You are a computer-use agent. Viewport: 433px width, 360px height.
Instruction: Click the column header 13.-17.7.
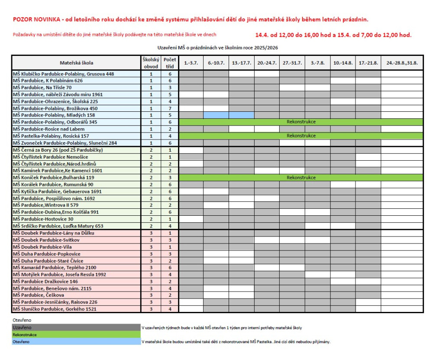click(241, 63)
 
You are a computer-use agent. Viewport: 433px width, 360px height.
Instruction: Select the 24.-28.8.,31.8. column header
click(402, 63)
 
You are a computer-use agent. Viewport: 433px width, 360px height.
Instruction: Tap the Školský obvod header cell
click(151, 63)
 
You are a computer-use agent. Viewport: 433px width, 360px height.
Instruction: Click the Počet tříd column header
click(169, 63)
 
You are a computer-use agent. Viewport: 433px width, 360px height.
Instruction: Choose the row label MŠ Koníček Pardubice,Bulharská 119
click(54, 178)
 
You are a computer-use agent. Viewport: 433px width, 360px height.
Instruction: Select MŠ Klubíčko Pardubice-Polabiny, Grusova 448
click(63, 74)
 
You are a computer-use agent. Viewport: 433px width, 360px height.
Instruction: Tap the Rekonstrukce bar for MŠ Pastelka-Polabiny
click(301, 136)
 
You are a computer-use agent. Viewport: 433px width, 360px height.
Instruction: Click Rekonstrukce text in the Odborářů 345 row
click(301, 122)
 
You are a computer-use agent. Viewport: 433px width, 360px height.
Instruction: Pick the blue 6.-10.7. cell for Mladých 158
click(216, 115)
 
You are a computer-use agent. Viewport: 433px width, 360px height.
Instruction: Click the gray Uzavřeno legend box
click(76, 328)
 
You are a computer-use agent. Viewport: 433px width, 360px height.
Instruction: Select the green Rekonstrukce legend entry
click(76, 335)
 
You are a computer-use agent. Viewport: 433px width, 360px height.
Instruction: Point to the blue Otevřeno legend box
click(76, 342)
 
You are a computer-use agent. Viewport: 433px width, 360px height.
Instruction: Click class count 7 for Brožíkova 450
click(169, 108)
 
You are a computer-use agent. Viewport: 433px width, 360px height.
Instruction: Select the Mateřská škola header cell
click(76, 63)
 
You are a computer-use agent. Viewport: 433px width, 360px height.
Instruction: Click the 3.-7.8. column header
click(317, 63)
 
